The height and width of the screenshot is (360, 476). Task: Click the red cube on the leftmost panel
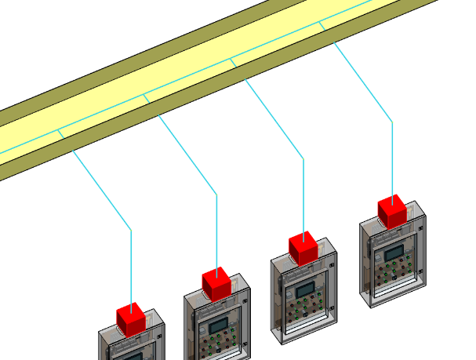(132, 318)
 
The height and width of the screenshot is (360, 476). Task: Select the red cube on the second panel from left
(216, 283)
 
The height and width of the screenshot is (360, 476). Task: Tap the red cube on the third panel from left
(303, 248)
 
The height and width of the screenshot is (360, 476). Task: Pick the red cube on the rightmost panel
(392, 211)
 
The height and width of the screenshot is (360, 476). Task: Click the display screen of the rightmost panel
(394, 252)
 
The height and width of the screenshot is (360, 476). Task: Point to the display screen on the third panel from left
(305, 290)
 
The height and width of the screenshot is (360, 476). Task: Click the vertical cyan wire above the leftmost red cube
(131, 267)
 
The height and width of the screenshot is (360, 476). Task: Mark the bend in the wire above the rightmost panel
(392, 122)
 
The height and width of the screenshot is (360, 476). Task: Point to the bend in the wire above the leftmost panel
(131, 230)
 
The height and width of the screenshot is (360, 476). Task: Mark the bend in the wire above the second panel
(217, 194)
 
